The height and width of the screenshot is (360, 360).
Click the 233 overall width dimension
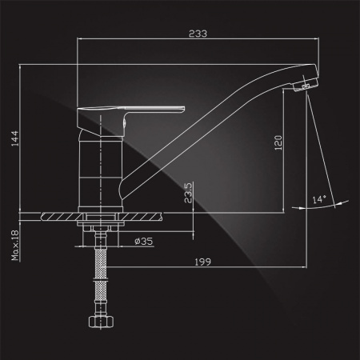click(x=198, y=34)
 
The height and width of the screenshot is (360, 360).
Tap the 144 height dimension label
click(x=14, y=138)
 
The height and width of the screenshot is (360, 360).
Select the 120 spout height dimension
click(x=278, y=142)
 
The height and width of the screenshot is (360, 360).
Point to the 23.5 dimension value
click(x=188, y=193)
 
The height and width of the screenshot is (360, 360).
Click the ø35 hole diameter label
click(x=144, y=242)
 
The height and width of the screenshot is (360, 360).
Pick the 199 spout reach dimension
click(x=202, y=262)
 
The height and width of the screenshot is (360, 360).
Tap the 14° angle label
click(x=319, y=199)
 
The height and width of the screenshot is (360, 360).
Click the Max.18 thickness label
click(x=15, y=246)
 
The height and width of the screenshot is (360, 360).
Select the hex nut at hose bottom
click(x=101, y=322)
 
